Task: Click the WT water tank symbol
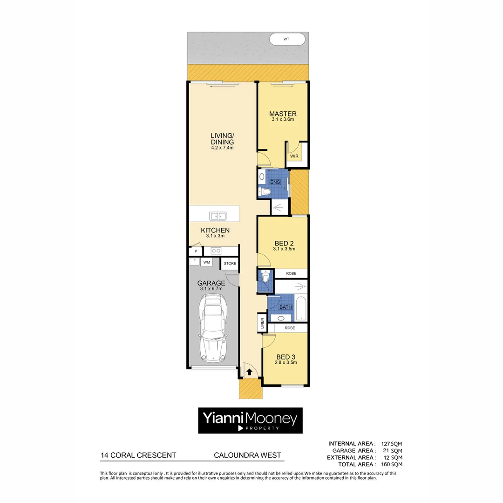pos(287,40)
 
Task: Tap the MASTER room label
pos(283,114)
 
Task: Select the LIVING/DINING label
pos(222,138)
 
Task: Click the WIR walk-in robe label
pos(294,156)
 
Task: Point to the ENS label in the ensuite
pos(275,182)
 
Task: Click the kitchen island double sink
pos(218,216)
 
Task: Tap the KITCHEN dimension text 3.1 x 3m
pos(215,236)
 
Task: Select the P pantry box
pos(196,251)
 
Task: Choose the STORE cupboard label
pos(230,264)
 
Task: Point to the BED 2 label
pos(284,243)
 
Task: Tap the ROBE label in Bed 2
pos(291,273)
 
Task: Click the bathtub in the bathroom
pos(300,308)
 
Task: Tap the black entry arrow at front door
pos(250,372)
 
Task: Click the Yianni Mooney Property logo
pos(251,421)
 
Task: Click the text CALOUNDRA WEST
pos(247,455)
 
